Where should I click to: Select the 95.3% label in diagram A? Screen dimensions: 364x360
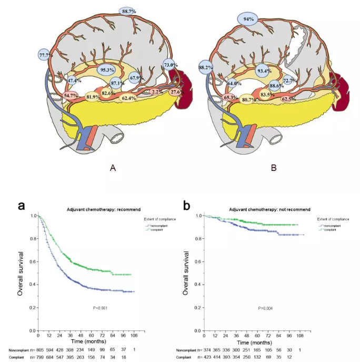pyautogui.click(x=107, y=70)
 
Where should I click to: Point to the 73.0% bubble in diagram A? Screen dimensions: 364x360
pyautogui.click(x=169, y=65)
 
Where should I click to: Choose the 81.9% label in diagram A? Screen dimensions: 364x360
pyautogui.click(x=93, y=97)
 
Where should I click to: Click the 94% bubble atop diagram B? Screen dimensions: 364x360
pyautogui.click(x=248, y=19)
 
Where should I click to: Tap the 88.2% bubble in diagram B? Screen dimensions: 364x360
pyautogui.click(x=205, y=67)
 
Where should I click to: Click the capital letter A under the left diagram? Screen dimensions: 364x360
pyautogui.click(x=113, y=168)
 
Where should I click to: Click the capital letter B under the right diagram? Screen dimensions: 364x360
pyautogui.click(x=273, y=168)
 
